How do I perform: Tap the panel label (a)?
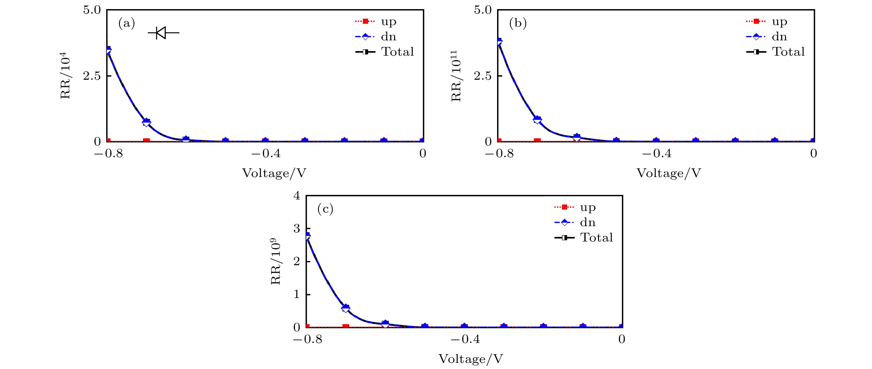point(127,23)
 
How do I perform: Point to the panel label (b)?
point(518,23)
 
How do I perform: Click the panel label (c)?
point(325,209)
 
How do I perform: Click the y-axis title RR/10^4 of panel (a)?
point(65,75)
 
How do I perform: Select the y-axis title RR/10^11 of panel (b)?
point(456,76)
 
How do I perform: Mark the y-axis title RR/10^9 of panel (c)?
point(276,261)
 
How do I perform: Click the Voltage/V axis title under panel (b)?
point(668,173)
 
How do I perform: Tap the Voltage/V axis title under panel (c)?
point(470,359)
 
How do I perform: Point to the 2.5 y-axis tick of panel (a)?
point(92,76)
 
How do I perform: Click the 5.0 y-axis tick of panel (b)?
point(483,10)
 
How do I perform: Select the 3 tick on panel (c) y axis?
point(297,228)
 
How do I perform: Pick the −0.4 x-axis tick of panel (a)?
point(266,154)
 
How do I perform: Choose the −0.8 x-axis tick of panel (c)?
point(307,339)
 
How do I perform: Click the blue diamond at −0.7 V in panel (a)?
point(146,122)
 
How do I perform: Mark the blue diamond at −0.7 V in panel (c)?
point(346,308)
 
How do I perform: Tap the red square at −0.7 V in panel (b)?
point(537,140)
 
